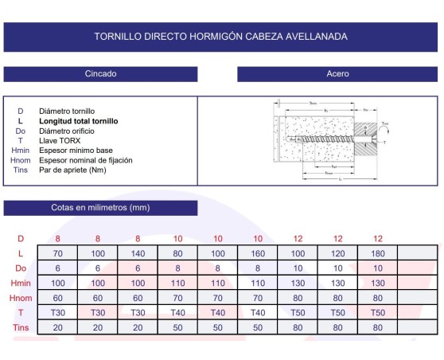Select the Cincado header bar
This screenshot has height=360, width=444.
(x=101, y=74)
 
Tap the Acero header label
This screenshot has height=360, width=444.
(x=338, y=74)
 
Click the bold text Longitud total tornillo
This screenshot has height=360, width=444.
(x=79, y=121)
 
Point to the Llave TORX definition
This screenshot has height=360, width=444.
(x=60, y=141)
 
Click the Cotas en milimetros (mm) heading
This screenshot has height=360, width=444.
(x=100, y=208)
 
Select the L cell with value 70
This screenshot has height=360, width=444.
(x=58, y=253)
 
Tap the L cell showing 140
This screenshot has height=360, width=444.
(x=138, y=253)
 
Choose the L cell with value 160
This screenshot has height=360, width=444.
(x=258, y=253)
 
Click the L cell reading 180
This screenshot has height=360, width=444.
(x=378, y=253)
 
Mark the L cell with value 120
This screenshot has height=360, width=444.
(x=338, y=253)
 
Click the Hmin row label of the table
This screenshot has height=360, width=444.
(x=21, y=283)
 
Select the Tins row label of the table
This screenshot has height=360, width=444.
(x=21, y=327)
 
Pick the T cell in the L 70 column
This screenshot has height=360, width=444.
(x=58, y=312)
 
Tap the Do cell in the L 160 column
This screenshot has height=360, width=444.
(x=258, y=268)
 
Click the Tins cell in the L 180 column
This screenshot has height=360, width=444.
(x=378, y=327)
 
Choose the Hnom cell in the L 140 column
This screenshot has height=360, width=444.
(x=138, y=298)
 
